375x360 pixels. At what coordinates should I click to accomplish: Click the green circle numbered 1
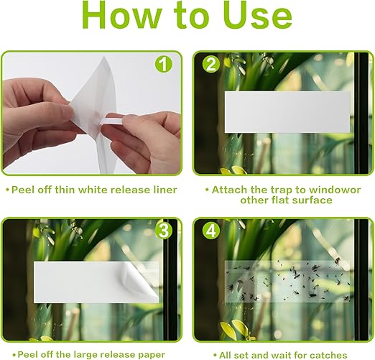164,64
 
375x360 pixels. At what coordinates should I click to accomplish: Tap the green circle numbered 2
210,65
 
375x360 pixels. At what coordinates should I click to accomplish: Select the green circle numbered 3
164,231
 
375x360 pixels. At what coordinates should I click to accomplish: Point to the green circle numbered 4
210,231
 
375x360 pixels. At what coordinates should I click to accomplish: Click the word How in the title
123,15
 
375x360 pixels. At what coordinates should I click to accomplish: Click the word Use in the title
258,15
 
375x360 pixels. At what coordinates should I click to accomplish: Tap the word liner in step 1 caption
165,190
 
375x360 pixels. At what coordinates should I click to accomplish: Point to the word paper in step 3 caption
152,354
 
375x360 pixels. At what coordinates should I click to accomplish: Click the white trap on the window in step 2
287,112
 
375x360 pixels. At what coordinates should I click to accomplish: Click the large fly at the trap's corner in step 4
337,260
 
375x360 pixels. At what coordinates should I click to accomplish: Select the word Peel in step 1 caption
22,190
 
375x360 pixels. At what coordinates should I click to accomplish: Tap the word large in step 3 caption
85,355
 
